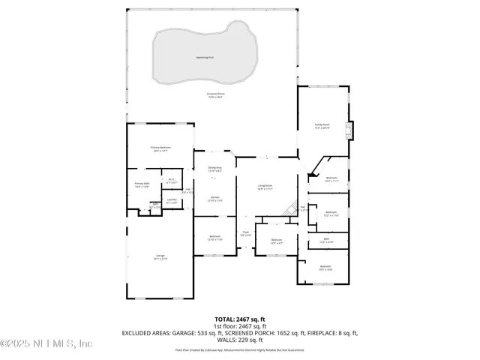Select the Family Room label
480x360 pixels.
(x=322, y=127)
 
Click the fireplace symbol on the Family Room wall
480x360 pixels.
(x=348, y=130)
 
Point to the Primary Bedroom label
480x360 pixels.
(x=160, y=149)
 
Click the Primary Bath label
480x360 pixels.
(x=142, y=184)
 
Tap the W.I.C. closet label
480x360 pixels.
(x=171, y=180)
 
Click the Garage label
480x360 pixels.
(x=160, y=257)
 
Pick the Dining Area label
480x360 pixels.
(x=215, y=169)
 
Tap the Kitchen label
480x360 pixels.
(x=214, y=199)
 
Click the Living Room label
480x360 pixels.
(x=265, y=187)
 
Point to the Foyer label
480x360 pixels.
(x=245, y=234)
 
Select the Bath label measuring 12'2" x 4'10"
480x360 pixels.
(x=325, y=241)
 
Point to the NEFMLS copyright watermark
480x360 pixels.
(x=46, y=343)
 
